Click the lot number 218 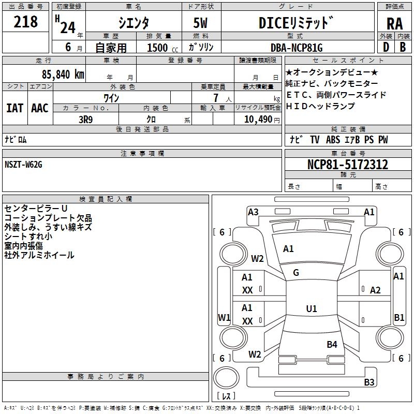(x=25, y=22)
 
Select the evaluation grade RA (x=394, y=24)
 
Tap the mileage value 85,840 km (x=63, y=74)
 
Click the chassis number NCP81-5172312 (x=348, y=164)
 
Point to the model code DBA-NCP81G (x=297, y=48)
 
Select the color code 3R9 (x=85, y=120)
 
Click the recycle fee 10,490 (x=258, y=120)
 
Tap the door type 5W (x=200, y=23)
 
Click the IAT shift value (x=15, y=108)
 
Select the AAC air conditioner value (x=40, y=108)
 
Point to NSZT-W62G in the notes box (x=23, y=165)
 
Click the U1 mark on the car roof (x=312, y=308)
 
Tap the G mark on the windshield (x=296, y=272)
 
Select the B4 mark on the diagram (x=332, y=344)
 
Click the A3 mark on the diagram (x=253, y=212)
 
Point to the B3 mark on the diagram (x=369, y=382)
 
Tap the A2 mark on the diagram (x=375, y=290)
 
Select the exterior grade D (x=386, y=47)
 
